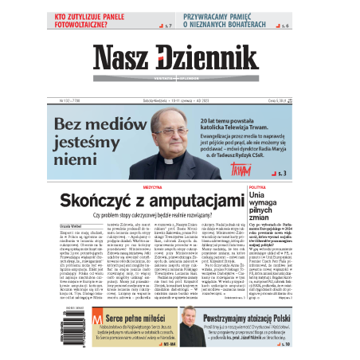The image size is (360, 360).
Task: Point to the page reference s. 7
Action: pos(167,26)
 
